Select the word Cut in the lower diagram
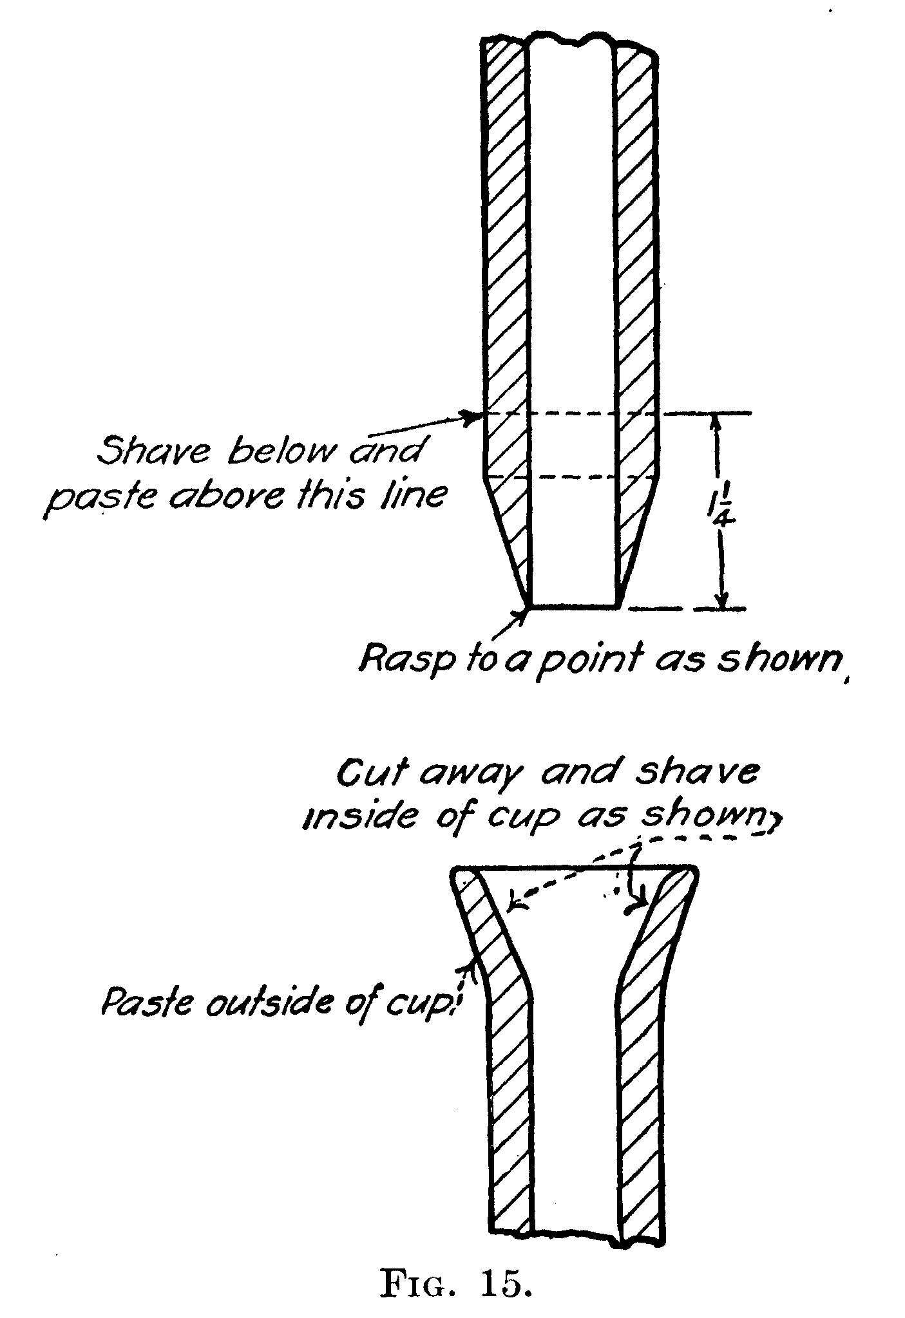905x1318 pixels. [370, 773]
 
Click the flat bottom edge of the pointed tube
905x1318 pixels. [573, 607]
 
